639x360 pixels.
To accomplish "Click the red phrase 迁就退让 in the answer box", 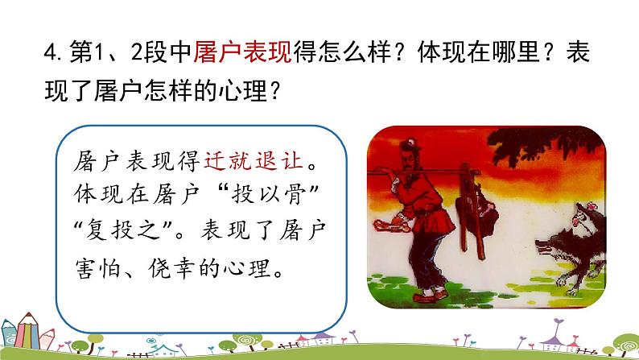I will pyautogui.click(x=263, y=161).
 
